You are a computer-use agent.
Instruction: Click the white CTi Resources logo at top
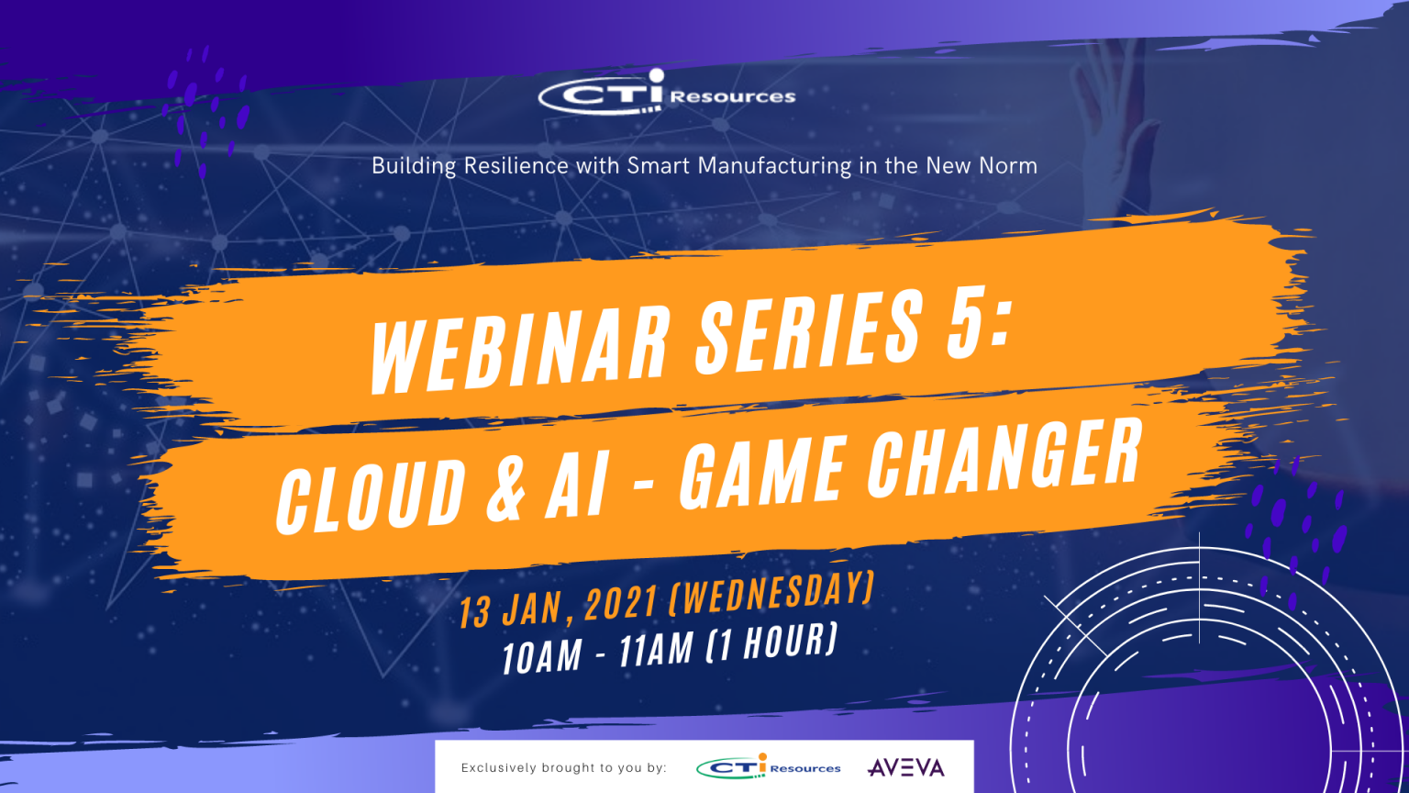667,93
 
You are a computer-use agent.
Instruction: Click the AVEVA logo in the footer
905,767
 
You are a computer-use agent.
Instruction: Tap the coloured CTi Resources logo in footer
769,766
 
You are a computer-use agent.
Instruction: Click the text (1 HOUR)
771,642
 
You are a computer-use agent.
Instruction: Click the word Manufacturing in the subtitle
774,166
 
